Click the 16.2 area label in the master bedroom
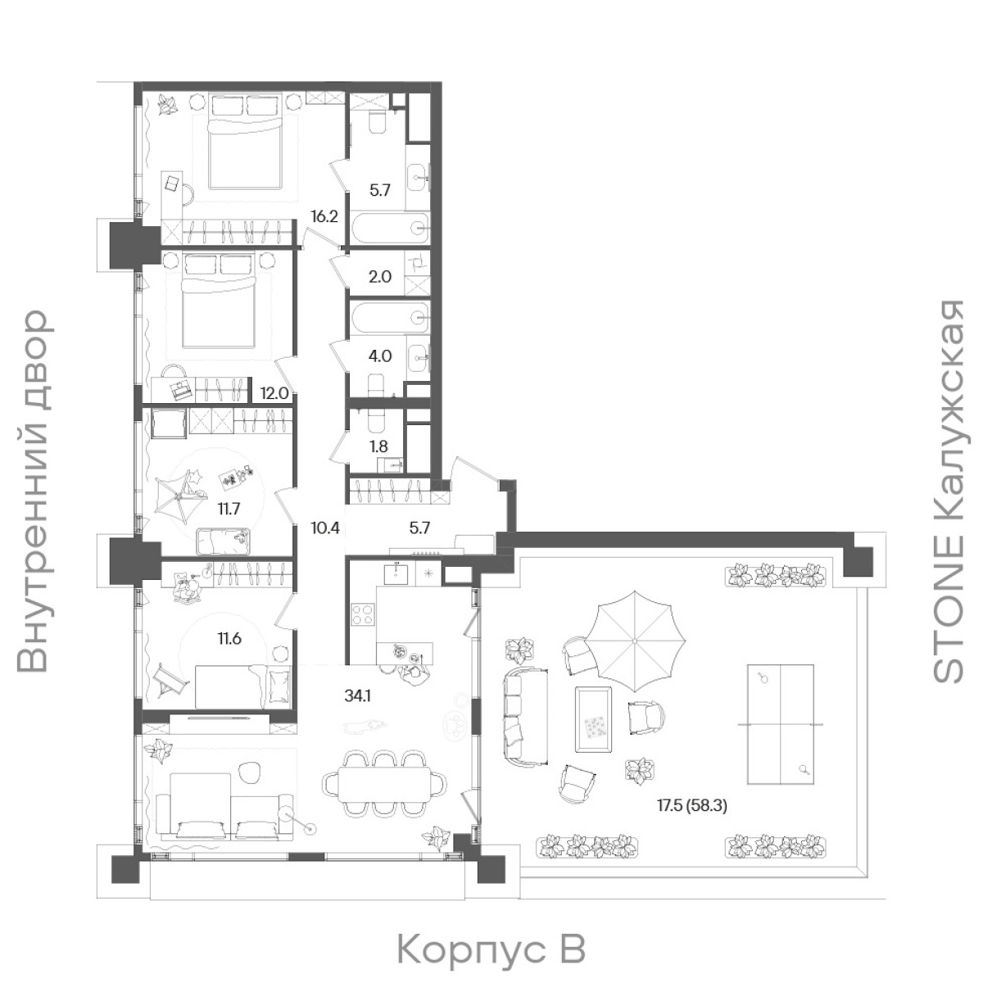324,216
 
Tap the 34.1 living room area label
358,695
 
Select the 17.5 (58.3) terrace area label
692,806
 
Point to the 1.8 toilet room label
378,446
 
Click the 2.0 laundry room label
380,277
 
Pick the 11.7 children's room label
228,509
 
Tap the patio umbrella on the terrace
634,641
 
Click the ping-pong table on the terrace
780,724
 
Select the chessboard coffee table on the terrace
594,718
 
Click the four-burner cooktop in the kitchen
363,614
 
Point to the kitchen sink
396,573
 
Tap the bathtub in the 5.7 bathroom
392,227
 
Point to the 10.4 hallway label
325,528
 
